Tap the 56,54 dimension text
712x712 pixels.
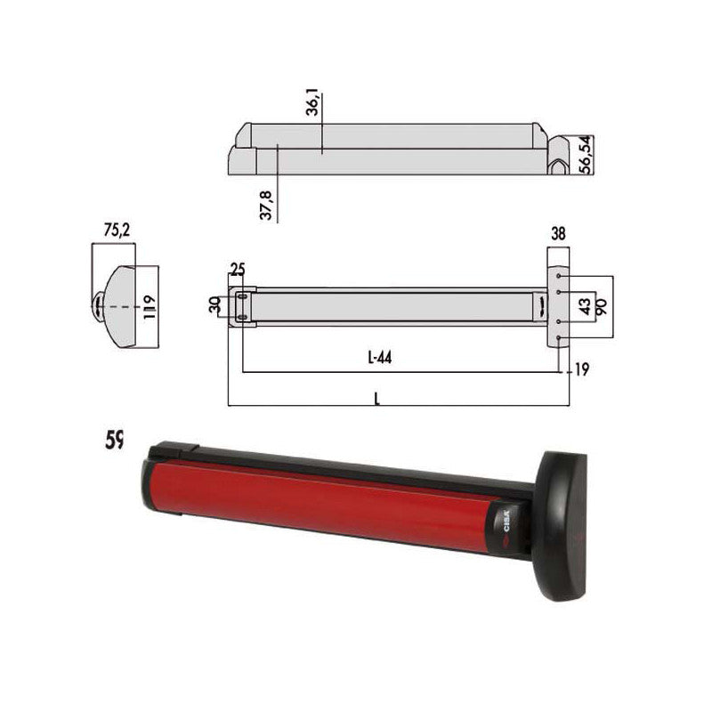tap(584, 153)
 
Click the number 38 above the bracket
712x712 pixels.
tap(557, 235)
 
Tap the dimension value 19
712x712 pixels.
tap(581, 368)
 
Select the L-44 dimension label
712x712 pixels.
tap(379, 358)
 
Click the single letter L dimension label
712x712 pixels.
tap(377, 400)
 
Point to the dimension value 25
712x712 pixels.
tap(237, 269)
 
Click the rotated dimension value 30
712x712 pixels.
tap(214, 305)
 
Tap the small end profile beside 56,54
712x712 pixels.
tap(561, 156)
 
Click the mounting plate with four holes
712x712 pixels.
tap(557, 307)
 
